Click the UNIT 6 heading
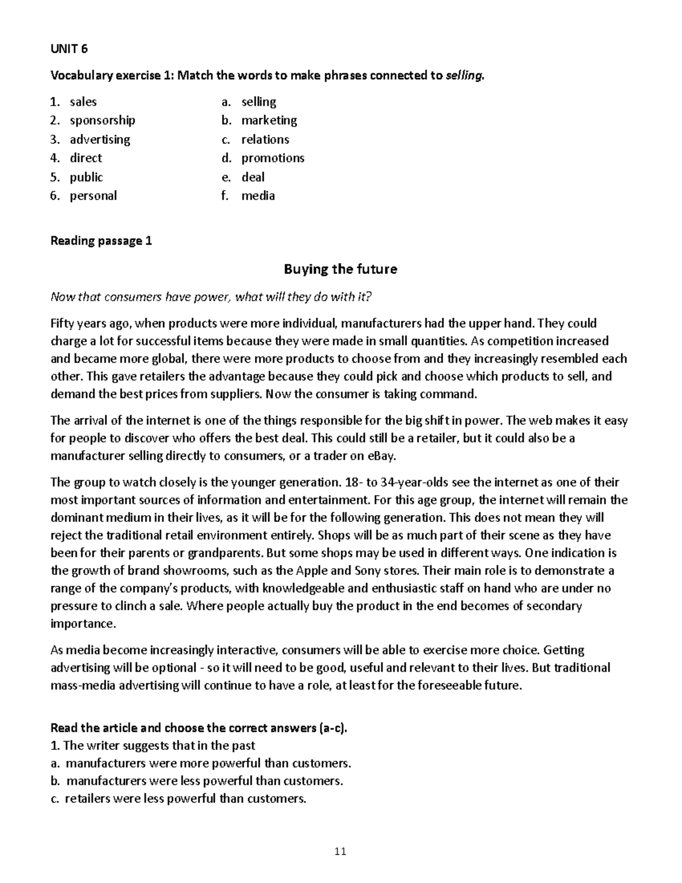tap(69, 49)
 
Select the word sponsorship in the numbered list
tap(102, 121)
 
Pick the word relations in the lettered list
tap(265, 139)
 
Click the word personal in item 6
tap(93, 196)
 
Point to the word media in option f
tap(258, 196)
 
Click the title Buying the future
tap(340, 269)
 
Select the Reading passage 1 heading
tap(101, 241)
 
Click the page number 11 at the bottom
tap(340, 851)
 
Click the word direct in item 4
tap(86, 158)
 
